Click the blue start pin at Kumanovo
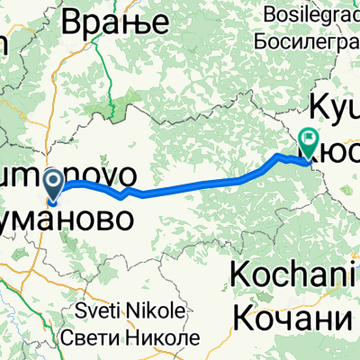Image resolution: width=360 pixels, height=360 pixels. [53, 185]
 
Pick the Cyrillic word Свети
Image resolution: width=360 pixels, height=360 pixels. [92, 337]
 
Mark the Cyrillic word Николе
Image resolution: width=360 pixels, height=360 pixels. [163, 337]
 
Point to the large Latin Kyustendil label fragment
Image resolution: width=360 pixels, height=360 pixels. [335, 106]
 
